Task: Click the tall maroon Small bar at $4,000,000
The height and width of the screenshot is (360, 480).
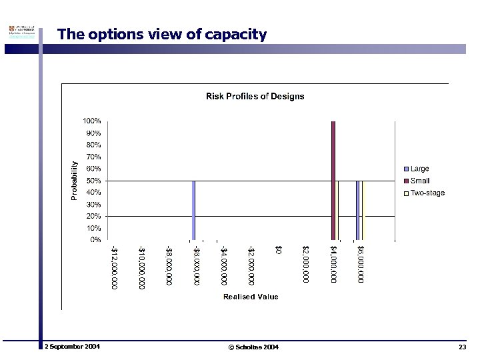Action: point(333,180)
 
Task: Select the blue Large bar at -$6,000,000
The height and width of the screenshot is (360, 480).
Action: point(193,210)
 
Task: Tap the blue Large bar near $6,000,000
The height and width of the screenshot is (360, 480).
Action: point(357,210)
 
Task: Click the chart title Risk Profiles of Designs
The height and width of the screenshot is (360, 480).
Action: point(254,96)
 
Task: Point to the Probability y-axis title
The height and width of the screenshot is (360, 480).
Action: point(75,180)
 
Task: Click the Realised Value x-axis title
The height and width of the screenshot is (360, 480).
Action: point(251,297)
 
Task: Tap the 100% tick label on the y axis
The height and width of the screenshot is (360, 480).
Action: point(92,121)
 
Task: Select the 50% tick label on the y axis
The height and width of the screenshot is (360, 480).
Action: point(93,181)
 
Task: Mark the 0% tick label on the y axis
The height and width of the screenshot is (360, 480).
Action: point(95,239)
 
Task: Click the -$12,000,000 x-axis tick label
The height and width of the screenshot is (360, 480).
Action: point(115,267)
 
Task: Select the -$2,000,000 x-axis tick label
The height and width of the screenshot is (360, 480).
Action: point(251,265)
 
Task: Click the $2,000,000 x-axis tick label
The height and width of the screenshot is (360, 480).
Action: point(306,264)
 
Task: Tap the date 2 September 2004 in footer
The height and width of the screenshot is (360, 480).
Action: point(72,347)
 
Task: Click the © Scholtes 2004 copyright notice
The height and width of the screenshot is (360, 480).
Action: point(253,347)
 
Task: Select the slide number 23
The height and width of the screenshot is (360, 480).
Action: point(462,347)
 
